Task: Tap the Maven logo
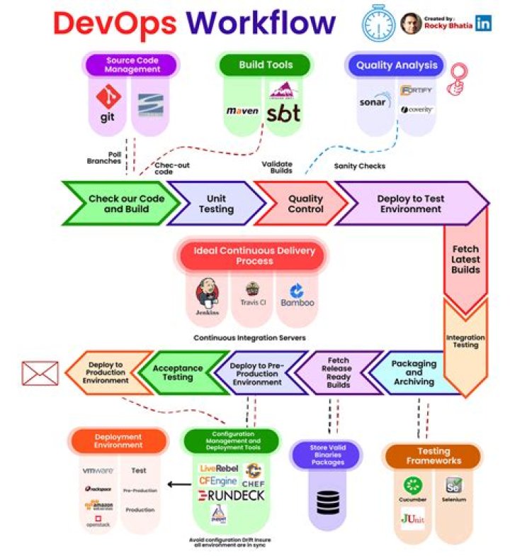[x=242, y=111]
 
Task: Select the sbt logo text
[x=283, y=112]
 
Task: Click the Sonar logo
[x=373, y=101]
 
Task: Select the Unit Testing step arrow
[x=216, y=204]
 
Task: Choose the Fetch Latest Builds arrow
[x=465, y=260]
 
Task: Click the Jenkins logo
[x=205, y=294]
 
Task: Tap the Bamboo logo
[x=297, y=294]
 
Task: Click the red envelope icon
[x=40, y=373]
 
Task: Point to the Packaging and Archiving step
[x=414, y=372]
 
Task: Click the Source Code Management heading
[x=130, y=65]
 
